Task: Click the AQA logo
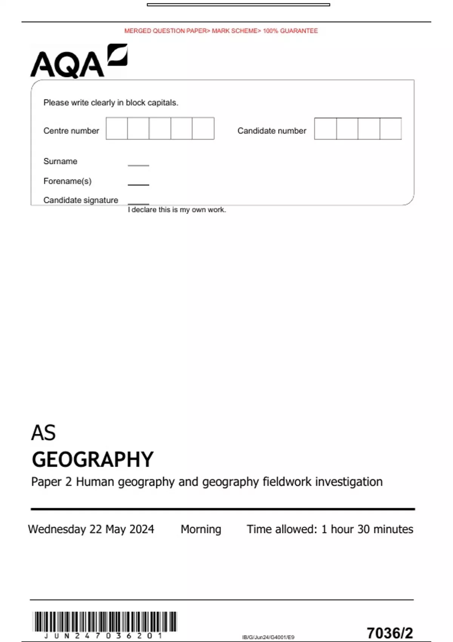coord(79,62)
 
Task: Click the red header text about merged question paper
coord(221,31)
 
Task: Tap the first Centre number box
coord(117,128)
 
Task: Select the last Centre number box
coord(203,128)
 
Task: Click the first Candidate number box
coord(325,128)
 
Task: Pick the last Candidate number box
coord(390,128)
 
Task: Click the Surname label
coord(60,161)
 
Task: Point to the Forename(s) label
coord(67,181)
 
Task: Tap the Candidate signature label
coord(81,200)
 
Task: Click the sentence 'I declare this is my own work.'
coord(177,210)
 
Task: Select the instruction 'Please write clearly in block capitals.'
coord(111,103)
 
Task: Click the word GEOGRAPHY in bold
coord(92,460)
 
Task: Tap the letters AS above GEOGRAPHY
coord(43,433)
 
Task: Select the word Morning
coord(201,529)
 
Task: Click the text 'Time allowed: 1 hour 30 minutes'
coord(330,529)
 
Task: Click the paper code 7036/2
coord(390,633)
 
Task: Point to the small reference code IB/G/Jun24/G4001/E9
coord(268,637)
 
